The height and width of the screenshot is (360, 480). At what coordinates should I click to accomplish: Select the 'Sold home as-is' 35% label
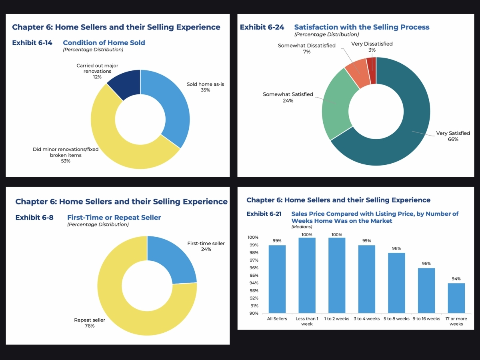(x=205, y=87)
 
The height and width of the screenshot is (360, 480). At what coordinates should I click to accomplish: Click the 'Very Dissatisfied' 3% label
(x=372, y=46)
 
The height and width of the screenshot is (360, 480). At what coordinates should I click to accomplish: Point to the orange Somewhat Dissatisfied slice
(x=357, y=73)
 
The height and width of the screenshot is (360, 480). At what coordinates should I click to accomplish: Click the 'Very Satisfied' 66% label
(x=453, y=136)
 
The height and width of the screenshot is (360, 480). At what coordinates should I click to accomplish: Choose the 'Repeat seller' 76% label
(x=89, y=323)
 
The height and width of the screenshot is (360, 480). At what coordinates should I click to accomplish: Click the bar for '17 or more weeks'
(x=456, y=298)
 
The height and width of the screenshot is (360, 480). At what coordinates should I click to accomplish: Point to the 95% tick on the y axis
(x=254, y=276)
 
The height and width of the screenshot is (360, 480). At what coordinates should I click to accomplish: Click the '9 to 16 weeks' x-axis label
(x=426, y=319)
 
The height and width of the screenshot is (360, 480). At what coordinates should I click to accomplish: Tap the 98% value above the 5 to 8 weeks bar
(x=396, y=248)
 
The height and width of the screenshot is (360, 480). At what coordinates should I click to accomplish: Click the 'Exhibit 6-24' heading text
(x=262, y=27)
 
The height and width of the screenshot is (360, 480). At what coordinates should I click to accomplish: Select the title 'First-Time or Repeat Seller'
(x=114, y=218)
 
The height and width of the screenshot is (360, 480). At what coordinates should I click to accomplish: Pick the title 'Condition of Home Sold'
(x=104, y=43)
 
